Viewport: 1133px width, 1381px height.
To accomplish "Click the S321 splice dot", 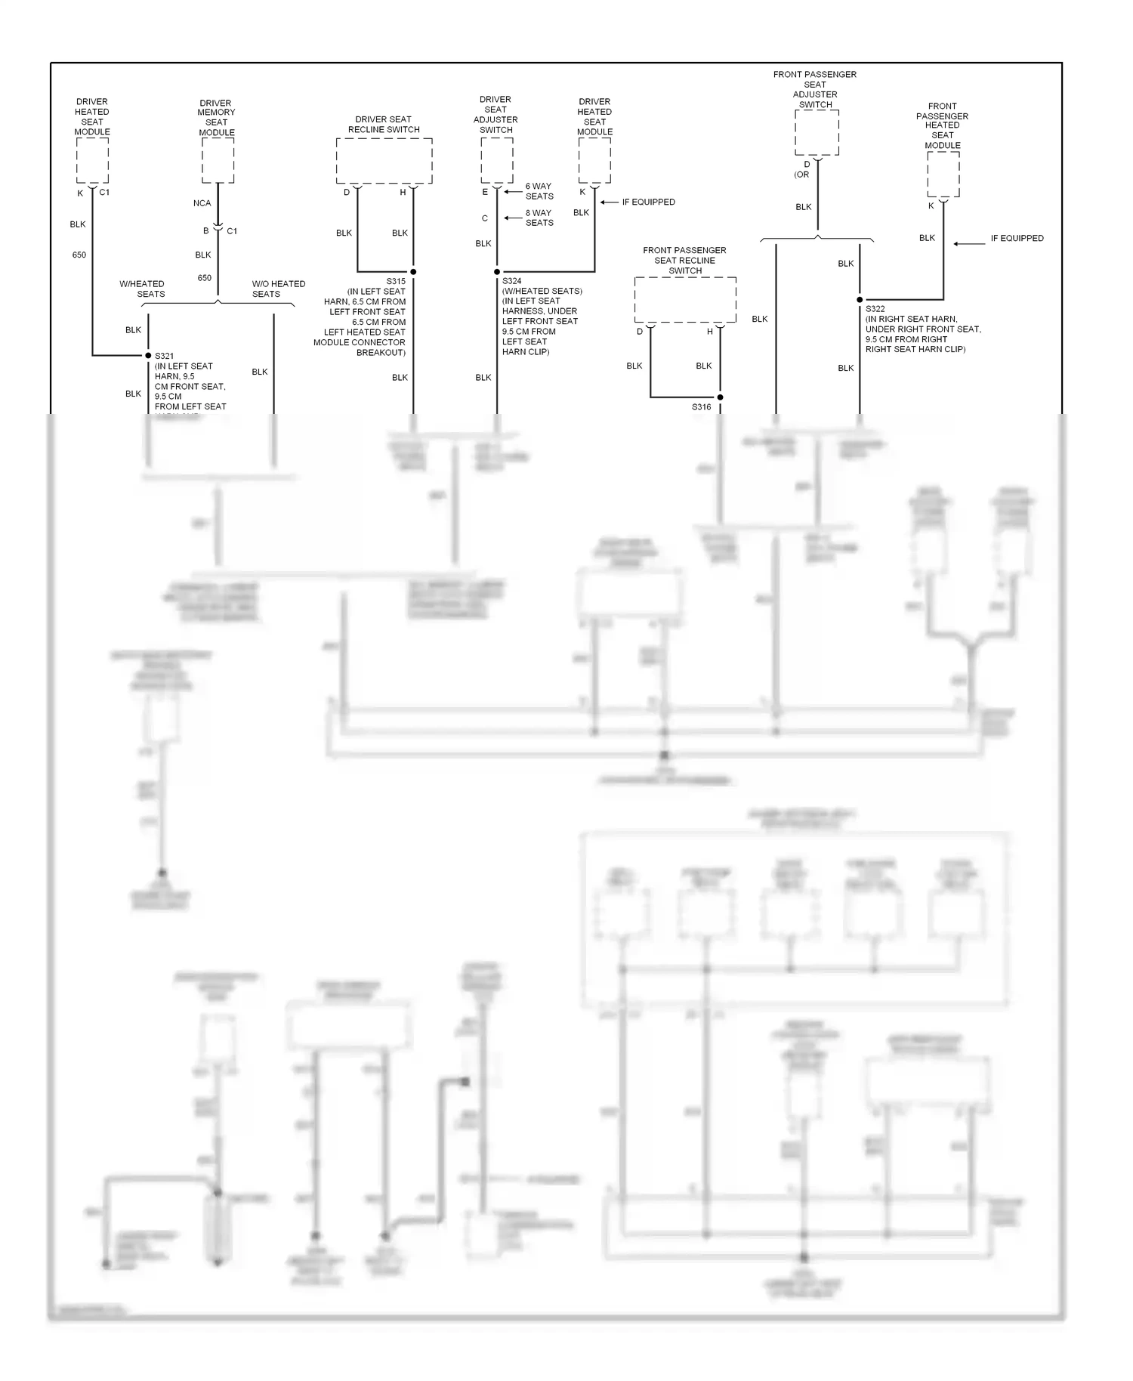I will click(148, 355).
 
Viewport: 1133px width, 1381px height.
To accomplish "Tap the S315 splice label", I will click(396, 281).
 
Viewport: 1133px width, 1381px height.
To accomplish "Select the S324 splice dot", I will click(497, 272).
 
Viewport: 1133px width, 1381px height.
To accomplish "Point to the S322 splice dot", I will click(860, 300).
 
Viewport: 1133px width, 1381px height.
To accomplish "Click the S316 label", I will click(701, 407).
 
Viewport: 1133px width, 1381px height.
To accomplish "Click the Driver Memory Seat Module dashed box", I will click(218, 160).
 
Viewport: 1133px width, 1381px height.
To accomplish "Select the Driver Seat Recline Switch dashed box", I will click(384, 160).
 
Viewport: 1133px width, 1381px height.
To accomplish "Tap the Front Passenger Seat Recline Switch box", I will click(685, 299).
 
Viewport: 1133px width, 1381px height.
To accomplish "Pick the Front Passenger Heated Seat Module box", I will click(943, 174).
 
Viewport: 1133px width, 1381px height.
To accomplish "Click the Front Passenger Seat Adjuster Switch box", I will click(817, 132).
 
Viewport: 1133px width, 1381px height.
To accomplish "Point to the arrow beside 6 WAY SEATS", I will click(513, 191).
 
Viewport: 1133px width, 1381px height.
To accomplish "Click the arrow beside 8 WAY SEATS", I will click(513, 218).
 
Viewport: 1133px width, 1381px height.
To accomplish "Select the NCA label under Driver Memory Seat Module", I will click(202, 203).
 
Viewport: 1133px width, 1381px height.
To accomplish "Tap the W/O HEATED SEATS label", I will click(278, 289).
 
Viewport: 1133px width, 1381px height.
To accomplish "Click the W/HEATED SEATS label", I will click(142, 289).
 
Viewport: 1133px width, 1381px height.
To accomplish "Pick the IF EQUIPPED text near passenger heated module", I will click(1017, 238).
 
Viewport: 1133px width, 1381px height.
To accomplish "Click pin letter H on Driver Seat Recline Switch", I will click(403, 193).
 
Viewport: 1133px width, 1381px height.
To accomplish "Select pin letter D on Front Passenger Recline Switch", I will click(640, 332).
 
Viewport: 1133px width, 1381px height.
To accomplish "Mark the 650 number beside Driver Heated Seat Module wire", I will click(79, 255).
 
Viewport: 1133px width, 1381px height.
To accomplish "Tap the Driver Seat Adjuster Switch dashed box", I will click(497, 160).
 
